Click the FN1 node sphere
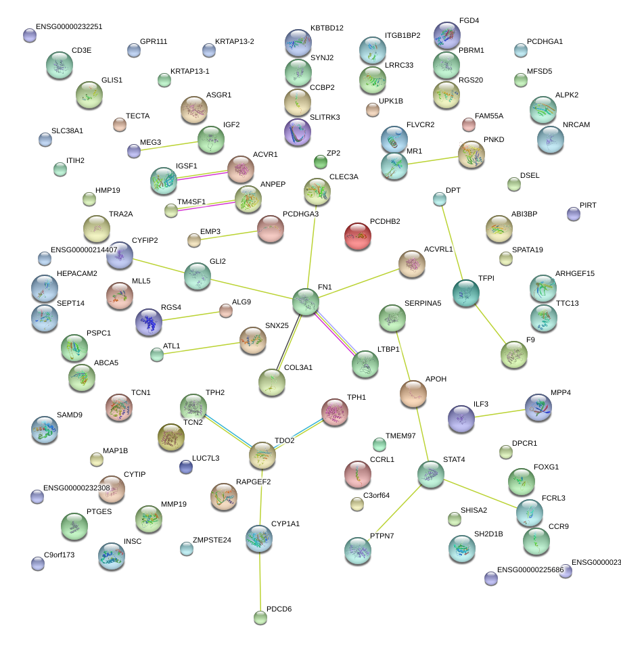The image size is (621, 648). [x=305, y=301]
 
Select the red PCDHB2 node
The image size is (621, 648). [x=358, y=236]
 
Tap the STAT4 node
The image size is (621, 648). [x=430, y=474]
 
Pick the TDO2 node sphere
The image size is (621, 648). [x=262, y=456]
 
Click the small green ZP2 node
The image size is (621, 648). [x=321, y=162]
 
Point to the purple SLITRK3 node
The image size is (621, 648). [x=298, y=132]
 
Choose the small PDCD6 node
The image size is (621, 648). [x=260, y=617]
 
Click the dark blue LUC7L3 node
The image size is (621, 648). [x=186, y=467]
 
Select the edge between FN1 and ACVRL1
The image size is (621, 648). [x=358, y=283]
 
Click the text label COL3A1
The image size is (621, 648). [x=298, y=368]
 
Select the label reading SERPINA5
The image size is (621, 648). [x=423, y=303]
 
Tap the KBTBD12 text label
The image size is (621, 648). [x=327, y=28]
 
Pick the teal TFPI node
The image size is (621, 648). [x=466, y=293]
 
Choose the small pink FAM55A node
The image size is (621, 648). [x=469, y=124]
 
